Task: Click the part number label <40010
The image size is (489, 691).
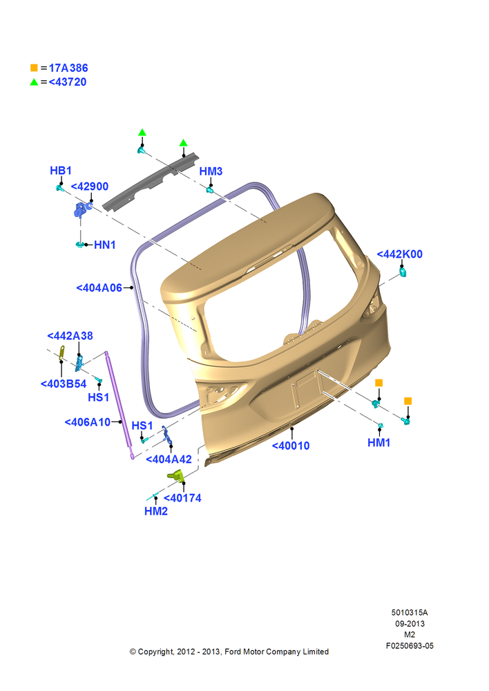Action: (291, 446)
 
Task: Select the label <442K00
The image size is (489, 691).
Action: (400, 254)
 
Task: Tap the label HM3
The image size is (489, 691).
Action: (211, 171)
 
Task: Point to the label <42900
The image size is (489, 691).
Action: (89, 187)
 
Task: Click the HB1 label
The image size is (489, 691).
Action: (61, 171)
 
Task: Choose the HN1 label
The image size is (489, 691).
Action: (105, 245)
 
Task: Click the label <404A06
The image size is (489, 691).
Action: (99, 287)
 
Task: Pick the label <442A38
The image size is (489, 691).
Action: (70, 336)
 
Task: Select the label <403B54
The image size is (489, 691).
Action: (64, 384)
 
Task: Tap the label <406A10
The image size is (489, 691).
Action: (88, 422)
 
